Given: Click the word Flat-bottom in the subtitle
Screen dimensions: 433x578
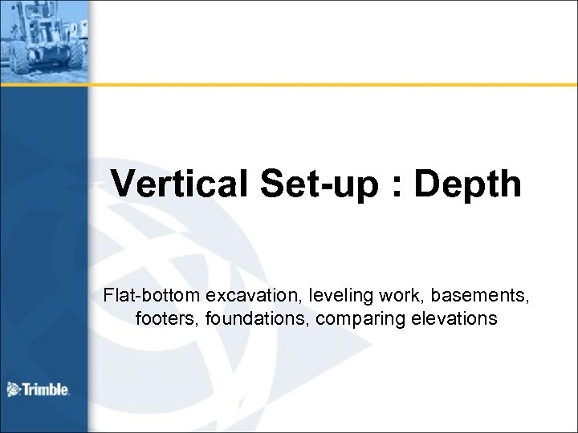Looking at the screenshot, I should coord(145,297).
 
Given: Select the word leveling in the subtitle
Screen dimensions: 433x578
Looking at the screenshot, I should coord(329,297).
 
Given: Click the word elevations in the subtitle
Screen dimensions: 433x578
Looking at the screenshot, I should coord(450,319).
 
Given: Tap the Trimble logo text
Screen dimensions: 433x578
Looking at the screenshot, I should coord(46,390).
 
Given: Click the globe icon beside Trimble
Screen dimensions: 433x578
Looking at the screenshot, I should coord(14,390).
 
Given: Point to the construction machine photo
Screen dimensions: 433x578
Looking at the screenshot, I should coord(44,35).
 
